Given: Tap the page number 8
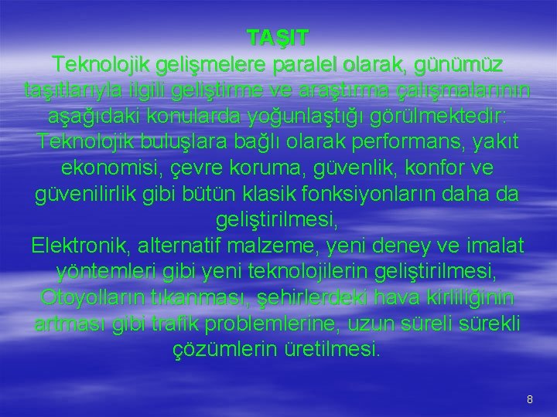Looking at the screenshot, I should (529, 399).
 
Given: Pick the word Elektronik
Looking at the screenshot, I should (82, 246).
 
